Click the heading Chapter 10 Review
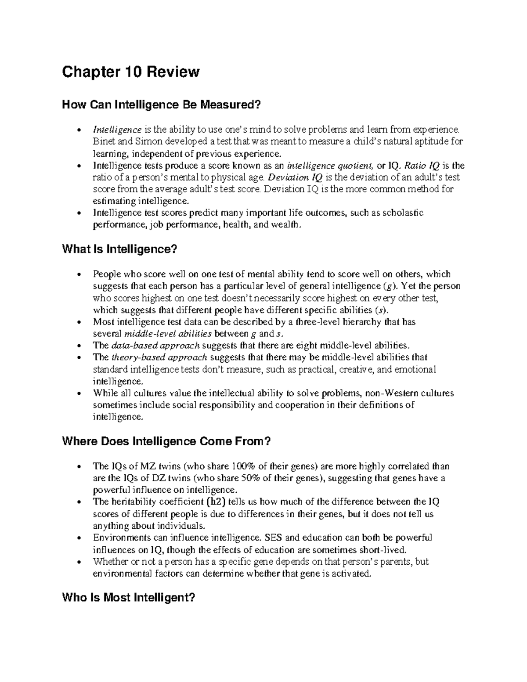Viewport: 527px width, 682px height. tap(131, 72)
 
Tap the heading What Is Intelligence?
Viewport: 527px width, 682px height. tap(119, 249)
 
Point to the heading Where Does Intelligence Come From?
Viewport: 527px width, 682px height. tap(166, 441)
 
